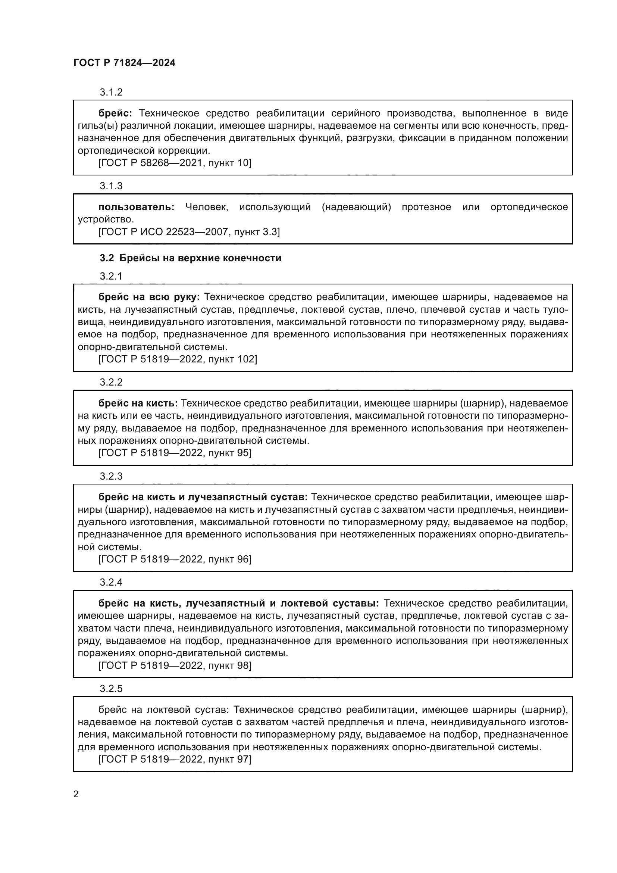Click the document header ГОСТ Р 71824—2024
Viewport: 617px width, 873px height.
[124, 63]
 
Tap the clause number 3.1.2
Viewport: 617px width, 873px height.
[111, 92]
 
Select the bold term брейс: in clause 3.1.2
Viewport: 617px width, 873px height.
[115, 113]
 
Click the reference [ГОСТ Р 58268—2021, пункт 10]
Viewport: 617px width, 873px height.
[175, 163]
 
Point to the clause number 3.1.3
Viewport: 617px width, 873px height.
[111, 186]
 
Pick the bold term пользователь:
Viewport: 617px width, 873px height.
[137, 207]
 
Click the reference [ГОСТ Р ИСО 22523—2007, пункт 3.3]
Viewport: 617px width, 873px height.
[189, 232]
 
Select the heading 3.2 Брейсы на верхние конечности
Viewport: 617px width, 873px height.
[190, 258]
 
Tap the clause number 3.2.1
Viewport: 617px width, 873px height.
[111, 276]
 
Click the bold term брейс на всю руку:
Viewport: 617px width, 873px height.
[149, 297]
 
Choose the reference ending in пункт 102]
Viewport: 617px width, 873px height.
[178, 359]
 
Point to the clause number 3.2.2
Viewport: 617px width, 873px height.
[111, 382]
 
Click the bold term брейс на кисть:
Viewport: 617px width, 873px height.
[138, 403]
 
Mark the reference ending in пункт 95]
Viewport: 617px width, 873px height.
[175, 453]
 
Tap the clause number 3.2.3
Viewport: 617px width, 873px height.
[111, 476]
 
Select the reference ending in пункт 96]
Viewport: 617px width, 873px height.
[175, 559]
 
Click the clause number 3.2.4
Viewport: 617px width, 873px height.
[111, 582]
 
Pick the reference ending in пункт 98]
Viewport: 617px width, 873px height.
[175, 665]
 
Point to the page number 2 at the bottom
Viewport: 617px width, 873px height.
[76, 794]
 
